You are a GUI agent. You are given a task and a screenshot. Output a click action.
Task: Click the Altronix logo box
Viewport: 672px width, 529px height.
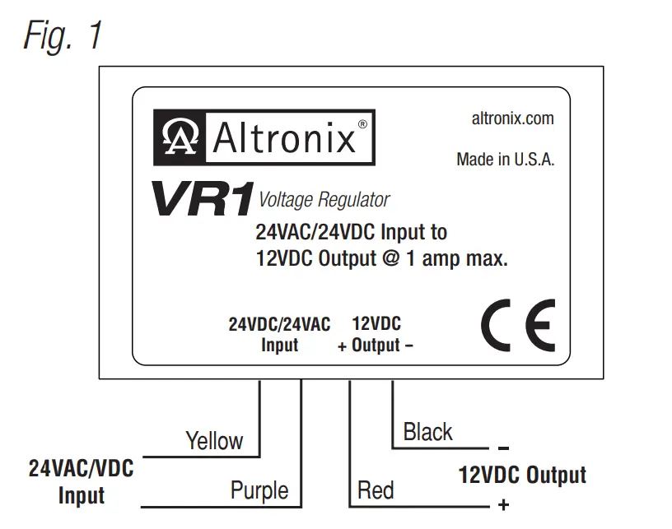(264, 137)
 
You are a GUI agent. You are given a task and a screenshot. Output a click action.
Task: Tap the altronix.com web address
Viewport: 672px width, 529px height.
(512, 118)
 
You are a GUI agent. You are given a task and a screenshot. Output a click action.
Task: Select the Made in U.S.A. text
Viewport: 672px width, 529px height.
(505, 160)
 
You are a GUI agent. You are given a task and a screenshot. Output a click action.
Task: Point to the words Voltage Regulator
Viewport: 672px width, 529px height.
(324, 199)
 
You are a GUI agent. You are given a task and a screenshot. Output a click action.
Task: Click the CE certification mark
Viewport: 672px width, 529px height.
(518, 325)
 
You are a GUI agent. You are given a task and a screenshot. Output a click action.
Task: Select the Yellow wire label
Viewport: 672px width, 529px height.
(214, 440)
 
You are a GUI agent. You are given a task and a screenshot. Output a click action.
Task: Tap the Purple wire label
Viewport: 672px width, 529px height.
(259, 491)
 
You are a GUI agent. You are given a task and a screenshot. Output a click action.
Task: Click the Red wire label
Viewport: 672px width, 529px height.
(375, 491)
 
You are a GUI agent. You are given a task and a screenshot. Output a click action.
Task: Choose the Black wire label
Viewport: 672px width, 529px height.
(427, 432)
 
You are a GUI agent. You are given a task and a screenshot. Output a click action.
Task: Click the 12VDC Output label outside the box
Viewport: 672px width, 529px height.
(522, 476)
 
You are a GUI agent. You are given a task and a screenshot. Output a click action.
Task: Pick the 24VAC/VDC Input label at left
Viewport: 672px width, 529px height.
(81, 482)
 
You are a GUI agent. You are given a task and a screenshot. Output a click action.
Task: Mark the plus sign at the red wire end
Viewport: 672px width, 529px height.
(504, 505)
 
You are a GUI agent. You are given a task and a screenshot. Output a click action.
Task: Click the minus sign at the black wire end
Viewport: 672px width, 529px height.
(504, 449)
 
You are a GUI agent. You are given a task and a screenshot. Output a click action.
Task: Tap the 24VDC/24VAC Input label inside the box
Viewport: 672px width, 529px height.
(279, 334)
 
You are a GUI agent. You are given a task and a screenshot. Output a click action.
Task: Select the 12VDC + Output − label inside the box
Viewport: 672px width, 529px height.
(376, 334)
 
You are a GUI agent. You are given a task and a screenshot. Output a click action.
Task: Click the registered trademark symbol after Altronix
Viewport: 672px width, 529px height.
(362, 124)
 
